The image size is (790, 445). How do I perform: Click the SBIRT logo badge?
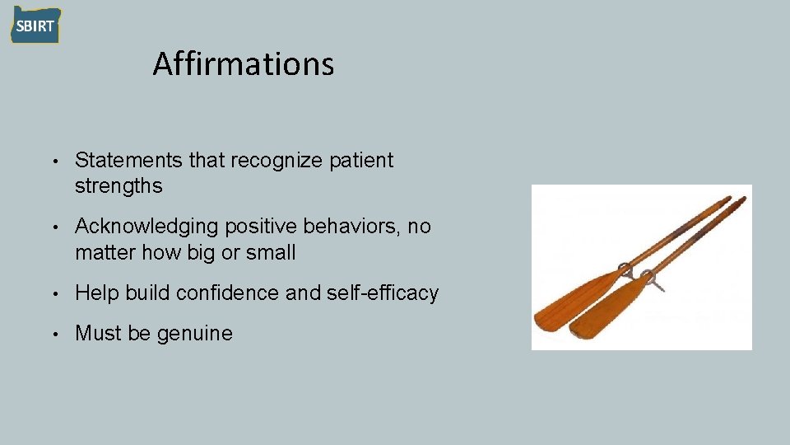[x=35, y=26]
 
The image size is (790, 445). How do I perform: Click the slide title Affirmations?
[x=244, y=63]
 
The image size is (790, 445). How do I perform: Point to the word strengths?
[x=118, y=186]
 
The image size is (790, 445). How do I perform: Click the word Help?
[x=94, y=293]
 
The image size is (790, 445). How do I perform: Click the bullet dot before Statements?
[x=52, y=162]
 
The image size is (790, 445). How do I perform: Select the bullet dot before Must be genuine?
[x=52, y=334]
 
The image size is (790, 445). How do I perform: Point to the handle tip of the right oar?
[x=741, y=199]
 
